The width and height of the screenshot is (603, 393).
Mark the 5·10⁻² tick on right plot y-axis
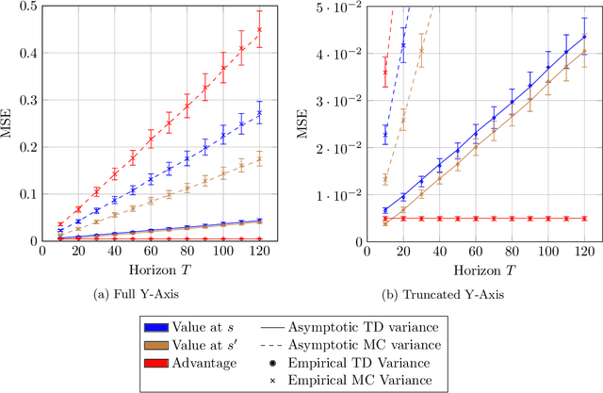tap(333, 7)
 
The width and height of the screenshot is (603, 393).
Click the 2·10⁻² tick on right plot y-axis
tap(333, 147)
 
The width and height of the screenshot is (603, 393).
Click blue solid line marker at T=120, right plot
tap(584, 37)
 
